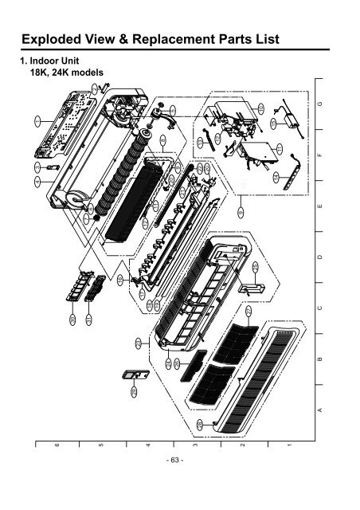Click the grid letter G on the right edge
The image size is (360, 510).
coord(319,104)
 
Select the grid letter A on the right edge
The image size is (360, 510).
coord(319,409)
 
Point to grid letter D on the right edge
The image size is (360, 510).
coord(319,258)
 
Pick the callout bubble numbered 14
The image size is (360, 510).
coord(276,175)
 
